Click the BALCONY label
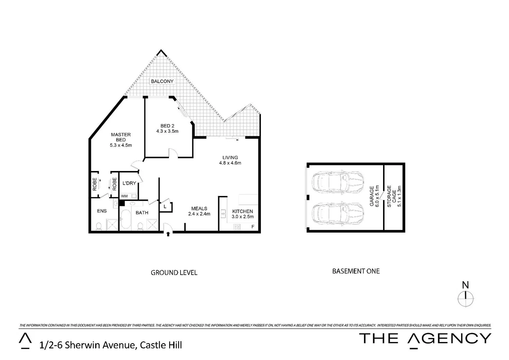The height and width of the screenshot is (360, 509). pos(162,81)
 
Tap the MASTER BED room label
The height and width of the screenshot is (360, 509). pos(121,137)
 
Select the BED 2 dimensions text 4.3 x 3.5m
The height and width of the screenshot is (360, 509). pos(167,131)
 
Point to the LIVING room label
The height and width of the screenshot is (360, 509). pos(230,157)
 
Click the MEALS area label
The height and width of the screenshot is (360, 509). pos(199,208)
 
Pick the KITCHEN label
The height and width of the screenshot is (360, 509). pos(243,211)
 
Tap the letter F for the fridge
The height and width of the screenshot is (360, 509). pos(253,227)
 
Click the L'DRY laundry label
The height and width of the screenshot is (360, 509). pos(129,183)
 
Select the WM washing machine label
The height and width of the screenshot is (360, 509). pos(124,196)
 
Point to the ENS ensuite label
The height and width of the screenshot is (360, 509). pos(102,211)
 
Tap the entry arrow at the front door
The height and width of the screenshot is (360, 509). pos(168,234)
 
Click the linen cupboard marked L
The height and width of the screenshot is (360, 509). pos(165,207)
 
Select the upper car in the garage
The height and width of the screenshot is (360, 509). pos(337,182)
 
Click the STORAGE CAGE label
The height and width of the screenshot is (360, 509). pos(391,197)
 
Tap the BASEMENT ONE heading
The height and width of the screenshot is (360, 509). pos(356,271)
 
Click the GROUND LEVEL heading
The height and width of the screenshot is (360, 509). pos(174,273)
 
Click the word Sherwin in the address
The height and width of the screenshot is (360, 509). pos(79,345)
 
